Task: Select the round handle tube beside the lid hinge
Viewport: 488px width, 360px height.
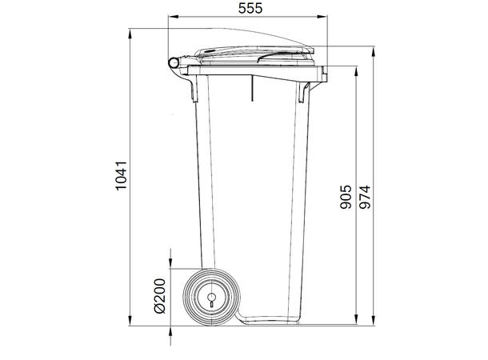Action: pyautogui.click(x=174, y=63)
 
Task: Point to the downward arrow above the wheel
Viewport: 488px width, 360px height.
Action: pyautogui.click(x=170, y=264)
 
